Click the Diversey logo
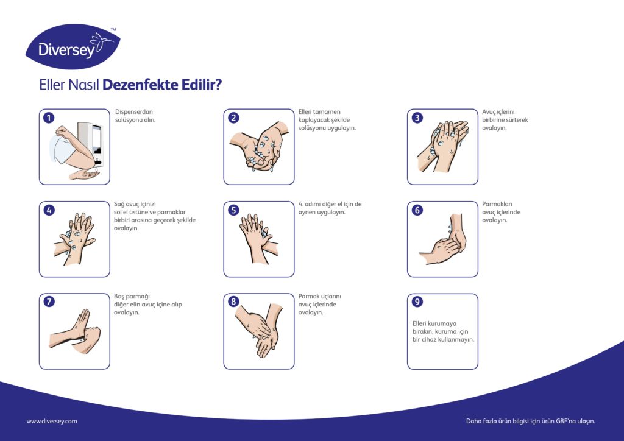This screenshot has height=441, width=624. coord(73,47)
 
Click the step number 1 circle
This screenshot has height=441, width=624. coord(49,118)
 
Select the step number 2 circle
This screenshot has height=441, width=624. coord(233,118)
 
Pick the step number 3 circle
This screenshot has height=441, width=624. coord(417,118)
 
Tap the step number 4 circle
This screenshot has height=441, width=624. coord(49,210)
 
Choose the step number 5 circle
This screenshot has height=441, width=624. coord(233,210)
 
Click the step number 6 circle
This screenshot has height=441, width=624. coord(417,210)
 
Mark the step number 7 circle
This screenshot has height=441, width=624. coord(49,302)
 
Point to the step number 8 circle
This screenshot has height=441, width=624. coord(233,302)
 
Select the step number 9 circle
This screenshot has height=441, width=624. coord(417,302)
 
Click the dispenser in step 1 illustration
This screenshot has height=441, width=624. coord(91,144)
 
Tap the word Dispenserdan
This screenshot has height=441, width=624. coord(134,111)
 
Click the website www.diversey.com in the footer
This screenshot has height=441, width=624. coord(52,421)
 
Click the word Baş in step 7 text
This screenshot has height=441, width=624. coord(119,297)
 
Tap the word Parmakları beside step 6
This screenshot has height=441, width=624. coord(497,205)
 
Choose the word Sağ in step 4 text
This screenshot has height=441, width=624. coord(119,205)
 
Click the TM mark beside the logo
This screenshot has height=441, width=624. coord(113,30)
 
